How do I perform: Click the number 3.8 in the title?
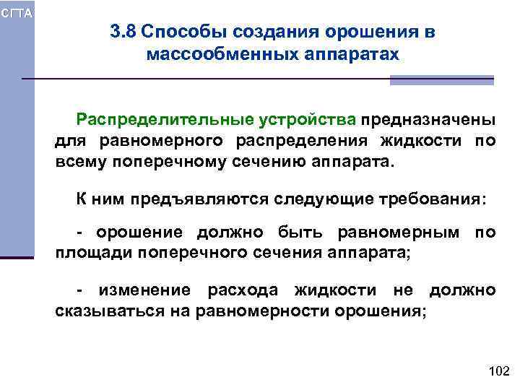[125, 32]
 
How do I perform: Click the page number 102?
[499, 371]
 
